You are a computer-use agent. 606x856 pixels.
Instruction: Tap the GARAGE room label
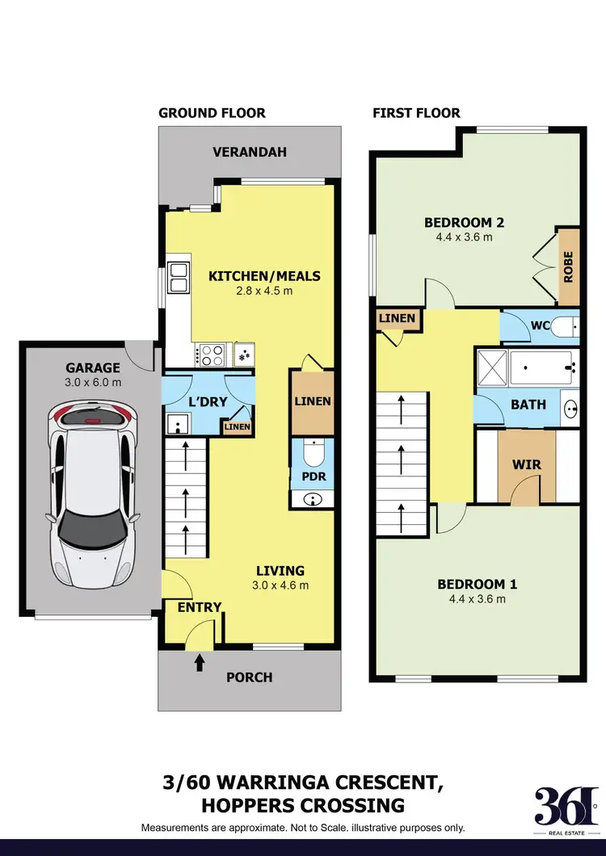point(94,367)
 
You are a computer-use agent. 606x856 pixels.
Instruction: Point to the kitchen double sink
point(178,278)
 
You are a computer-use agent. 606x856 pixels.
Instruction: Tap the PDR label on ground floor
point(313,476)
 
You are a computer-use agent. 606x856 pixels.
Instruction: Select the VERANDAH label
point(250,152)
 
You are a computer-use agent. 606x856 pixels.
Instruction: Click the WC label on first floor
point(541,328)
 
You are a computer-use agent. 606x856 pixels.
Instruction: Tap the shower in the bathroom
point(494,368)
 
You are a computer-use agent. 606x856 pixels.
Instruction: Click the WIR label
point(527,465)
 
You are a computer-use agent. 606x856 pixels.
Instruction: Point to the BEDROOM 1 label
point(477,585)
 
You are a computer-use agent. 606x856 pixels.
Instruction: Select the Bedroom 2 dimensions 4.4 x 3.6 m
point(465,237)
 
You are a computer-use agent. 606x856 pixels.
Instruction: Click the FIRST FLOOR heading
point(416,113)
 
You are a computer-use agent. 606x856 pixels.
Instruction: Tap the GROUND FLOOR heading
point(212,113)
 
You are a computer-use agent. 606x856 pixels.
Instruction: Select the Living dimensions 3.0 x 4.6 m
point(280,585)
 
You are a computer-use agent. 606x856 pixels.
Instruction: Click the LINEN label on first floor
point(398,318)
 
